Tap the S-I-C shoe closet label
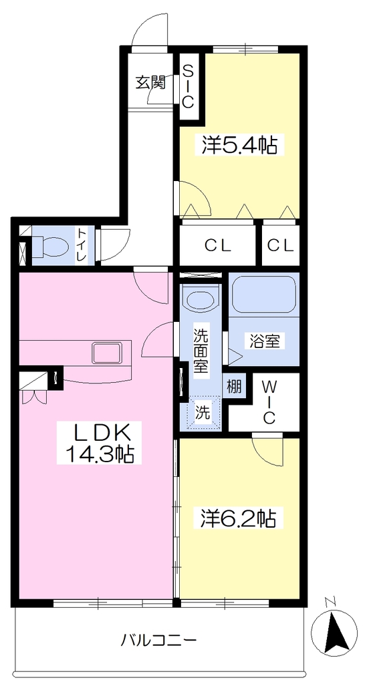[188, 86]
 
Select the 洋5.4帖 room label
[239, 145]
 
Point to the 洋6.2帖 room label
[238, 518]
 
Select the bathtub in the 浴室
[263, 293]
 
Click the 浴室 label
[265, 341]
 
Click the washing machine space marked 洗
[202, 412]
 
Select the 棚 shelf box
[233, 387]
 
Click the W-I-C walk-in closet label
[269, 401]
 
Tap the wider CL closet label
[217, 246]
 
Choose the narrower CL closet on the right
[281, 246]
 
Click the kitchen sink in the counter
[106, 353]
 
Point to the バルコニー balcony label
[159, 641]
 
